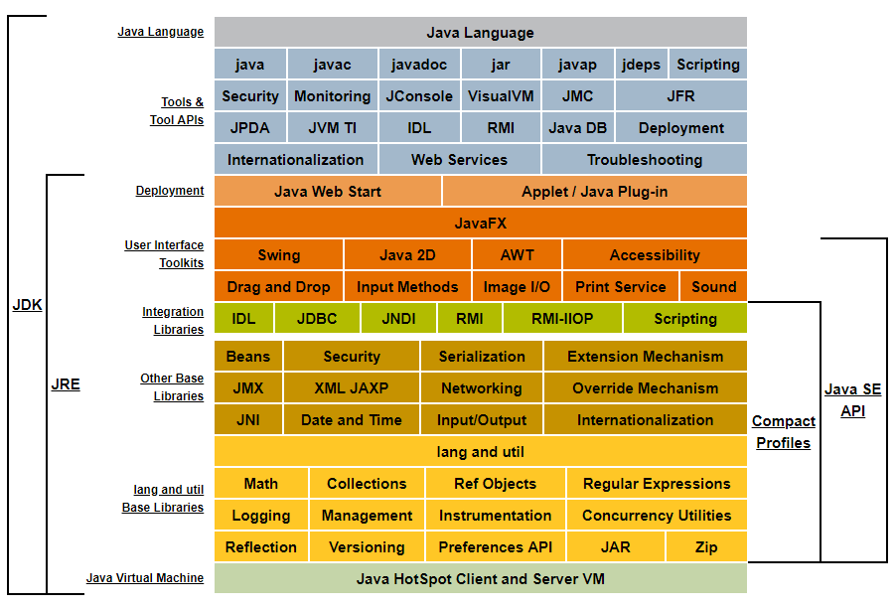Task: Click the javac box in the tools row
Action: pos(332,64)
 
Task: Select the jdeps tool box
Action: pos(641,64)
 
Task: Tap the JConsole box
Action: pos(419,96)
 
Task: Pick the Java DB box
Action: pos(578,128)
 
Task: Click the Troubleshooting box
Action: pos(644,159)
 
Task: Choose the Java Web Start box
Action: pos(328,192)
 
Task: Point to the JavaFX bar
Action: pos(481,223)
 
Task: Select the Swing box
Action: pos(279,254)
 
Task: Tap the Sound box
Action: pos(713,287)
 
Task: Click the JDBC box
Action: pos(317,318)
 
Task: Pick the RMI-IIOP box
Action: pos(562,318)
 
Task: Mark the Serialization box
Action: pos(482,357)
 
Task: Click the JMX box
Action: pos(248,388)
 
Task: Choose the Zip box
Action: pos(706,547)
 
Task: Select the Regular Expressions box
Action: pos(657,483)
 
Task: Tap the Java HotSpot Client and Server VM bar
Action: pos(481,579)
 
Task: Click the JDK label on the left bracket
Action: pos(28,305)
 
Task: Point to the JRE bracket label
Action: pos(66,384)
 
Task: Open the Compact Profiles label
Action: pos(784,432)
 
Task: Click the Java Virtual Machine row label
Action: pos(145,578)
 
